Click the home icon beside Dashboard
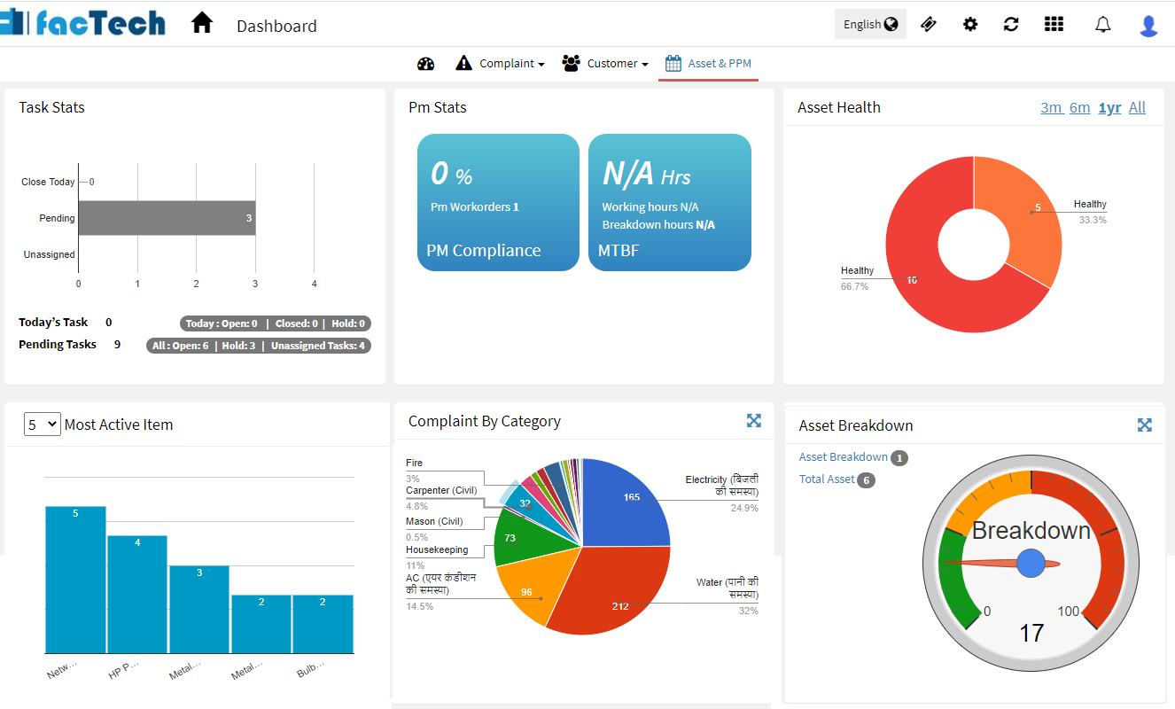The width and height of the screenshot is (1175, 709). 202,23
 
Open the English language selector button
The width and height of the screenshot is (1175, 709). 869,25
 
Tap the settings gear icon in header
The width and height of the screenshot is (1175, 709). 970,25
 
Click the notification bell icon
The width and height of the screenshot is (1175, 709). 1102,25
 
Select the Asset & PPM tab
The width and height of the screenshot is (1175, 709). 709,64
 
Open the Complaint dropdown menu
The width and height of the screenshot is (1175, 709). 501,64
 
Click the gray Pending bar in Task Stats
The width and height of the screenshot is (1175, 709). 167,218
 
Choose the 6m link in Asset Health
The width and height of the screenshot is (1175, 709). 1079,108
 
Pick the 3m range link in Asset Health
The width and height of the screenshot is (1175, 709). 1051,108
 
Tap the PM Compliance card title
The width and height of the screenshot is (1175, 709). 483,251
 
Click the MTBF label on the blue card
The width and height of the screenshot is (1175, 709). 619,251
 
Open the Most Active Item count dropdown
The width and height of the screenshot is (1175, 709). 43,425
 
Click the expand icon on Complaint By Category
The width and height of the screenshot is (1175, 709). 753,421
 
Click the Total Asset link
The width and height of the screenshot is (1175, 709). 827,479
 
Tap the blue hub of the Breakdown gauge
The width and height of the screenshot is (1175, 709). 1031,563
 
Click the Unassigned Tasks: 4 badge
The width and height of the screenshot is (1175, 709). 318,346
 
